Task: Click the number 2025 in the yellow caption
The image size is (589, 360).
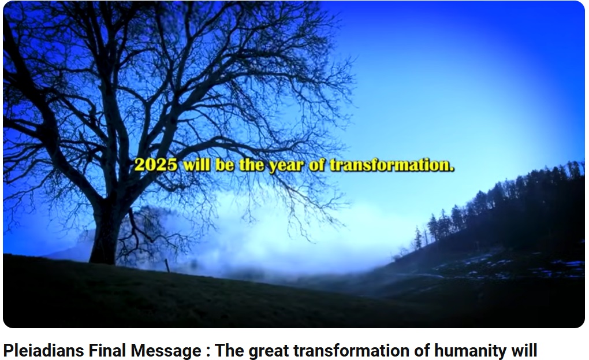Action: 156,165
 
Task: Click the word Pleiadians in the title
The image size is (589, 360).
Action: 43,351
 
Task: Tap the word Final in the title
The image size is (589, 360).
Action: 107,351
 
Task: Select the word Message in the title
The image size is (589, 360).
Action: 166,351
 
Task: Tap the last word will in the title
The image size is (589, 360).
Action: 524,351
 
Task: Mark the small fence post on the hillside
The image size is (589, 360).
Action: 167,265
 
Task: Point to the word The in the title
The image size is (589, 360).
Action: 229,351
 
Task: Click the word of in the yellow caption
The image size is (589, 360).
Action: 316,165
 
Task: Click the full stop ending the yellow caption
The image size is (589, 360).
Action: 452,170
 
